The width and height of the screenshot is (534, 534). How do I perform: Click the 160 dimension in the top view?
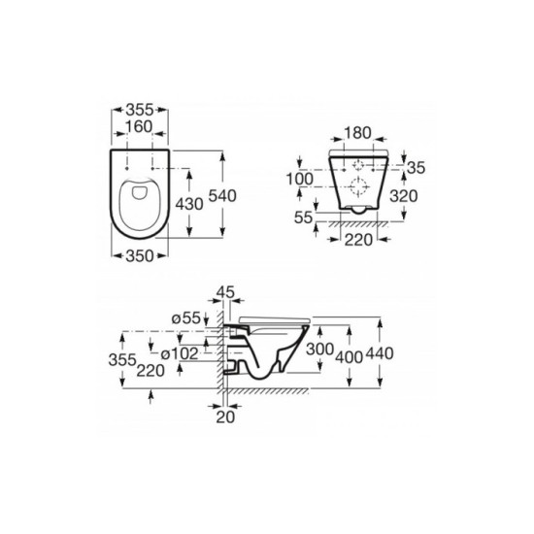pos(139,126)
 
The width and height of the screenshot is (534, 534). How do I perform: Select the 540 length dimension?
pos(222,196)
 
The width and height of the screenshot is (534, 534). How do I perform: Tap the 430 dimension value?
pos(189,204)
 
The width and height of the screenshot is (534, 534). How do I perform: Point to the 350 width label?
pos(140,256)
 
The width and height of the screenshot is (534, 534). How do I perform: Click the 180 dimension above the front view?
pos(357,133)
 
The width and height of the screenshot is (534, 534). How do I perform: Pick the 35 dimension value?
pos(417,168)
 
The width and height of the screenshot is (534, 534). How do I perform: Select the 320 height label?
pos(404,196)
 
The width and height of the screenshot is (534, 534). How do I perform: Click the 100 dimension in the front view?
pos(300,180)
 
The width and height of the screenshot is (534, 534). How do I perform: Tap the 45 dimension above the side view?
pos(225,292)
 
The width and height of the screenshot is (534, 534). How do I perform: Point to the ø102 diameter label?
pos(180,353)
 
